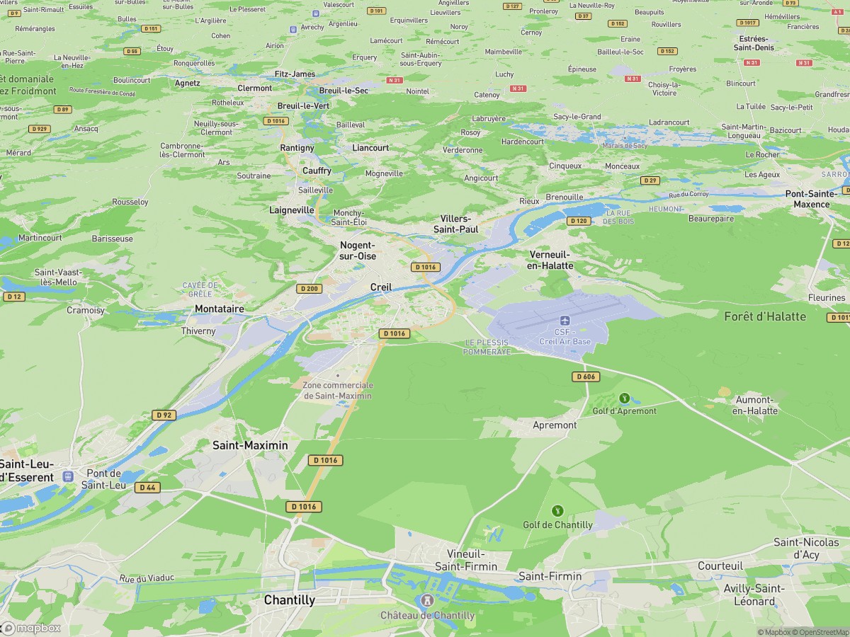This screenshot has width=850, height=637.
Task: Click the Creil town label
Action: pos(380,287)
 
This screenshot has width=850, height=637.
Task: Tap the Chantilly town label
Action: pos(289,600)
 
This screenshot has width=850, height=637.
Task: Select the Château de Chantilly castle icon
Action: pos(427,601)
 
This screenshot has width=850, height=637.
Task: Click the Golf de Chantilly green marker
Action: pos(557,510)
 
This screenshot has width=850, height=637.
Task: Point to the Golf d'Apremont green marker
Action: pos(624,398)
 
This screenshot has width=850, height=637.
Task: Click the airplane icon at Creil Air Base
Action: pos(565,321)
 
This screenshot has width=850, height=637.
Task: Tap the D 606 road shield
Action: pos(586,377)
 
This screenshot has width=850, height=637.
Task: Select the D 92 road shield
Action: pos(164,415)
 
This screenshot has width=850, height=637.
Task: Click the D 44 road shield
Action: pos(147,487)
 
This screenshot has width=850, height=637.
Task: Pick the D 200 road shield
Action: pos(308,288)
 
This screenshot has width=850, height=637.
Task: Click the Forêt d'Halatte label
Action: pos(765,316)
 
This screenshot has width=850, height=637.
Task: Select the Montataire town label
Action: pos(219,309)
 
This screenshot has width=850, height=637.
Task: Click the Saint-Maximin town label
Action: pos(250,445)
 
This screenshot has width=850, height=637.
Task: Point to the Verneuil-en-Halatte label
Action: pos(550,260)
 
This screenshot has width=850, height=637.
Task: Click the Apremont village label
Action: pos(554,425)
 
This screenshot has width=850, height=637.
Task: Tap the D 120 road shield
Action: pos(579,221)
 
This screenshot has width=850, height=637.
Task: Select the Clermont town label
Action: pos(254,88)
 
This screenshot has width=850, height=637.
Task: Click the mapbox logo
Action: pos(31,628)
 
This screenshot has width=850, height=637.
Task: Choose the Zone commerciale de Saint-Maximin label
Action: pos(337,390)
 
